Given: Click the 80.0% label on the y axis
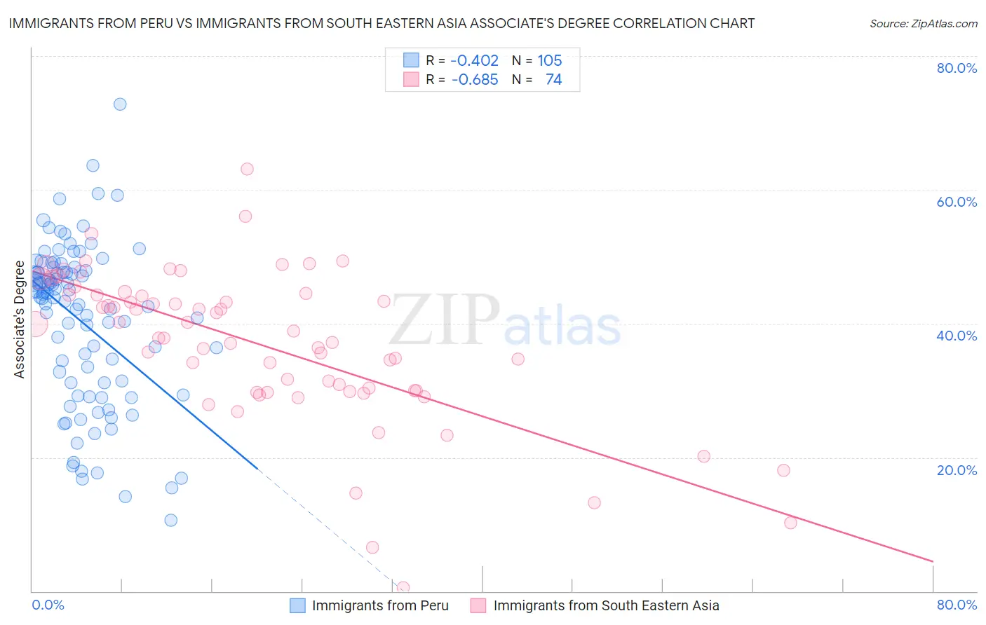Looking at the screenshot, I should [x=957, y=68].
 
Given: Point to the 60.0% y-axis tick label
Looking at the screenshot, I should [x=957, y=202].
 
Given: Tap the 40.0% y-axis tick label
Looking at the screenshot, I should [x=957, y=336].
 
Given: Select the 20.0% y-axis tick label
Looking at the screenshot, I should [x=957, y=470].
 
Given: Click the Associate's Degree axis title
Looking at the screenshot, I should [x=20, y=320].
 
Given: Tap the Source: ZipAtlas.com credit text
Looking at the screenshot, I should [x=923, y=24].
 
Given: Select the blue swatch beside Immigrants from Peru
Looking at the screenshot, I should [x=298, y=606].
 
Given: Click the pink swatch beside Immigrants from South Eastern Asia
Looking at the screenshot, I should [x=478, y=606].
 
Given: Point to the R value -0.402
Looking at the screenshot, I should [x=475, y=61].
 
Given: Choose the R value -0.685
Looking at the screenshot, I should [x=475, y=80].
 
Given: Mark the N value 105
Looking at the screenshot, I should [x=550, y=61].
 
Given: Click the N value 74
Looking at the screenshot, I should [x=553, y=80].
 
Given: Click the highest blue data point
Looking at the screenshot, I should [x=120, y=104].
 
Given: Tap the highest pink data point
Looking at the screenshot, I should [x=247, y=169].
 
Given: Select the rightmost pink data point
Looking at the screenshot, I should [x=790, y=523].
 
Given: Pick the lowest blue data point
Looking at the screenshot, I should [x=170, y=520].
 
